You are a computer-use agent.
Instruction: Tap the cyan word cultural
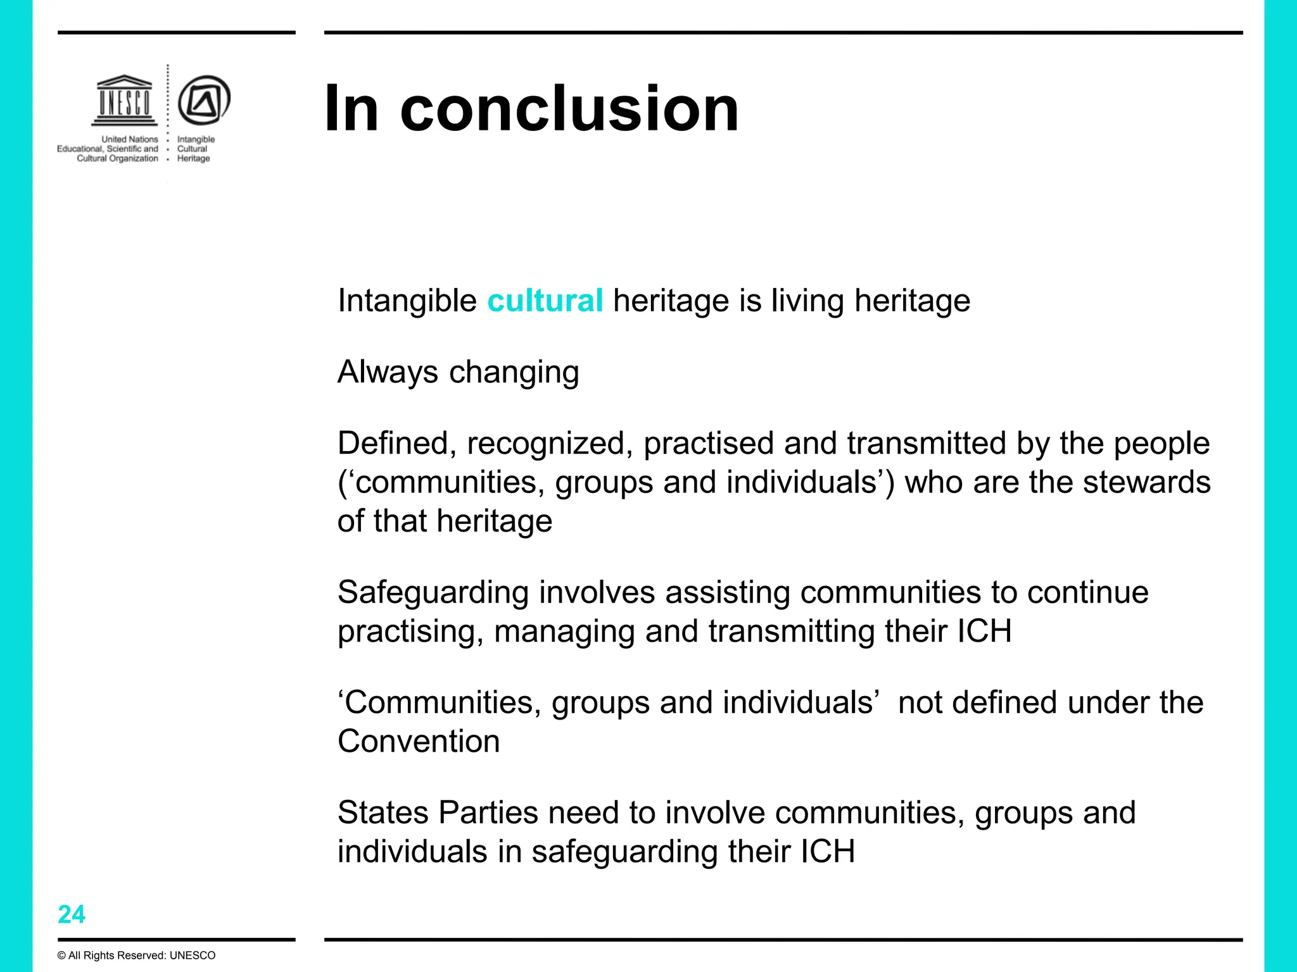(545, 301)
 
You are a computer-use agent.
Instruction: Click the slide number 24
(71, 914)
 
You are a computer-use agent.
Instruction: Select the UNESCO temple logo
(124, 101)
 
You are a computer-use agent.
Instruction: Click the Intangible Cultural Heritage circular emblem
(203, 100)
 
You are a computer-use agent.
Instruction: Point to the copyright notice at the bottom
(136, 956)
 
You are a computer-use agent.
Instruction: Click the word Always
(388, 371)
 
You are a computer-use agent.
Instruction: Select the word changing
(514, 373)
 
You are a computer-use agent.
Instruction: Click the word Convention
(419, 741)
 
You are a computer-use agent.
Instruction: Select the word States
(383, 813)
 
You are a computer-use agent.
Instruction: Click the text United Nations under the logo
(130, 139)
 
